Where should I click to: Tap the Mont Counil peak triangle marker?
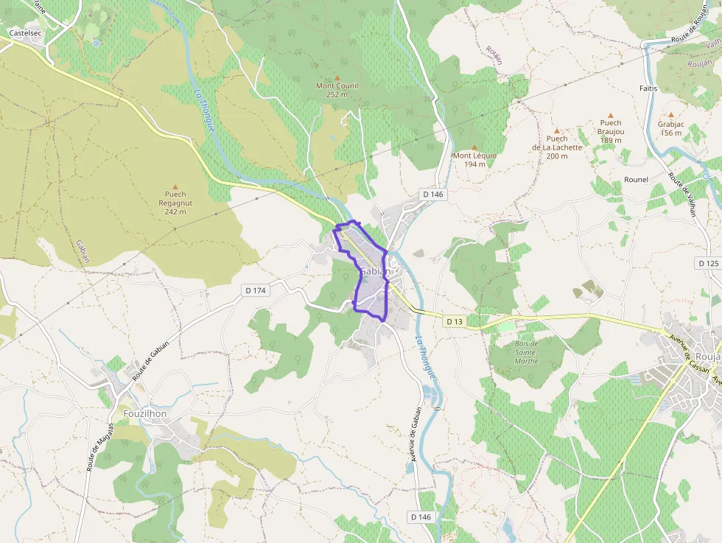tap(337, 77)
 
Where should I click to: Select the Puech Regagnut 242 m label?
tap(175, 203)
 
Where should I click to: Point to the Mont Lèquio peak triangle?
tap(474, 147)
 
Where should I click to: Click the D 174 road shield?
tap(256, 291)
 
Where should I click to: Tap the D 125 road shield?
tap(707, 263)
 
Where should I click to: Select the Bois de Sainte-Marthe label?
tap(526, 352)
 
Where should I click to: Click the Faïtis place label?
tap(648, 88)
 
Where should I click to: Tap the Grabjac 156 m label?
tap(670, 128)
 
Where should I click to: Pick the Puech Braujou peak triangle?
tap(611, 115)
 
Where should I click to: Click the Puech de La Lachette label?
tap(557, 147)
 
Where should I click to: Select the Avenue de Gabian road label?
tap(415, 434)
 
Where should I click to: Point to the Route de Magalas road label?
tap(93, 447)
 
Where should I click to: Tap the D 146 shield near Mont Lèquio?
tap(434, 194)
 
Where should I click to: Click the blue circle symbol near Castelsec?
tap(96, 43)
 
